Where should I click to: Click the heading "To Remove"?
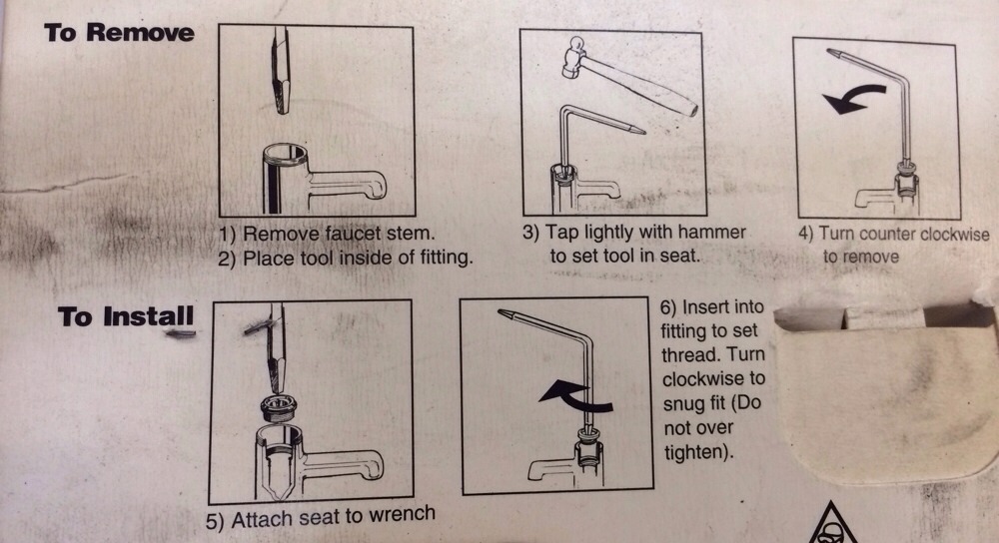tap(119, 33)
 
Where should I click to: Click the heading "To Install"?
tap(126, 316)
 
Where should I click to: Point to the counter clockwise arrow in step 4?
tap(852, 99)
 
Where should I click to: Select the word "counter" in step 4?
tap(884, 235)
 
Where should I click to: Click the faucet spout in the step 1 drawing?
tap(348, 184)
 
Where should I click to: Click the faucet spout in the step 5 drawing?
tap(344, 465)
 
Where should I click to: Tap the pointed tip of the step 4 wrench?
tap(830, 52)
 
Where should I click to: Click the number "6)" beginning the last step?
tap(668, 307)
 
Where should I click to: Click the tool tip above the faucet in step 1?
tap(281, 101)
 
